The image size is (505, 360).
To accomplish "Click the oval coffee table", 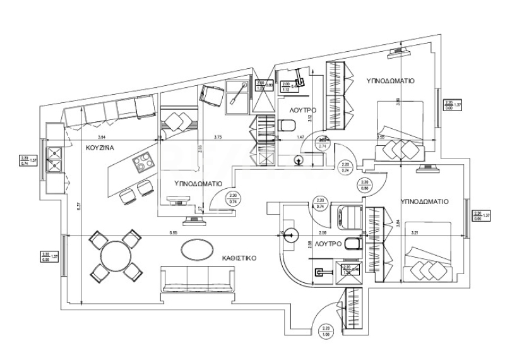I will [x=198, y=249].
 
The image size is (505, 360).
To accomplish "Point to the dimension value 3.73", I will [x=218, y=137].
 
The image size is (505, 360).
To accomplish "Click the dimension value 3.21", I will [x=415, y=233].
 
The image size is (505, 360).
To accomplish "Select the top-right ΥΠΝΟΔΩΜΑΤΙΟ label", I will [x=389, y=81].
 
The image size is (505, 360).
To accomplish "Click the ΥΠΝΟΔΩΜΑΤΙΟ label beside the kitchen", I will [x=198, y=184].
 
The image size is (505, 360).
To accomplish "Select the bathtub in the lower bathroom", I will [x=345, y=216].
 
